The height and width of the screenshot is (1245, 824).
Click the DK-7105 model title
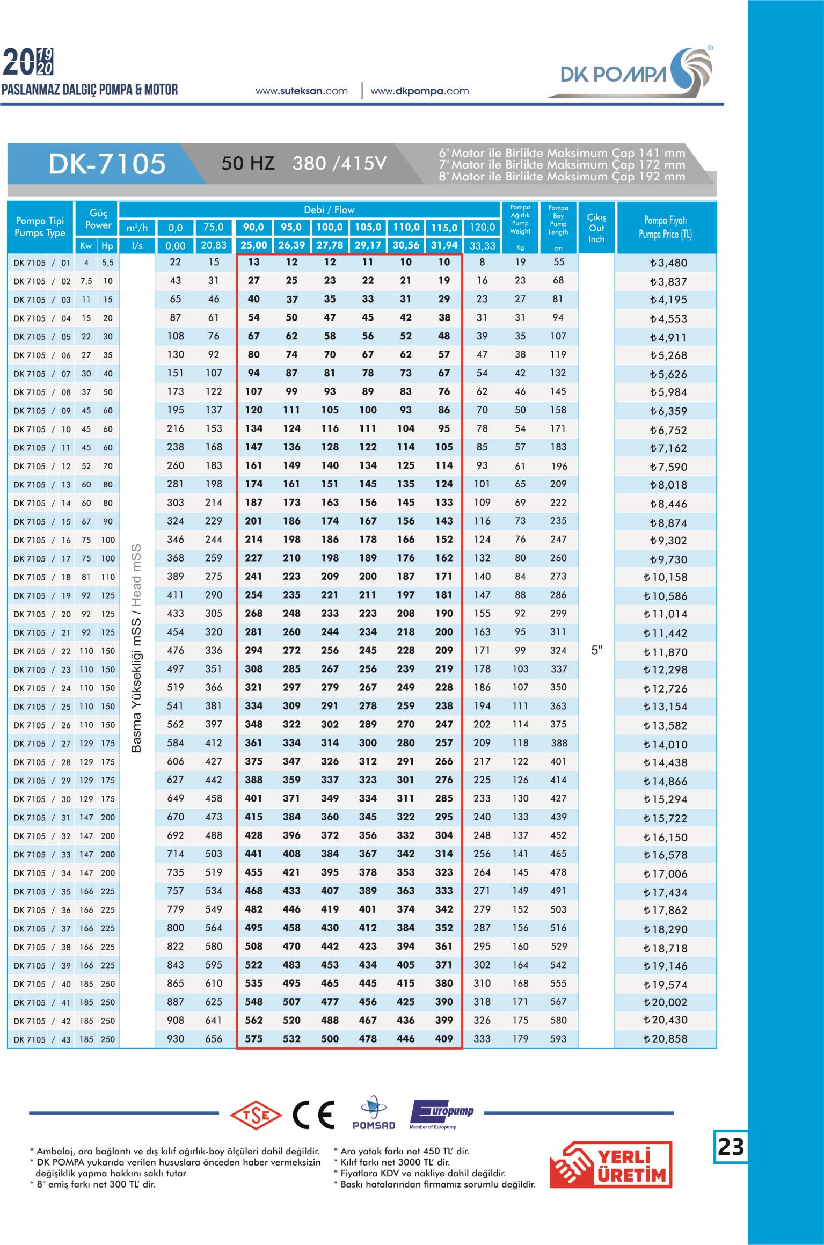pos(107,164)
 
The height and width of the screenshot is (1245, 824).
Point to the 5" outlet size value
pos(597,651)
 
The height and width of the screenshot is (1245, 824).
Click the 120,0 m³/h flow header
pos(482,228)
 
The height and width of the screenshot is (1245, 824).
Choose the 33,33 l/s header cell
pos(482,246)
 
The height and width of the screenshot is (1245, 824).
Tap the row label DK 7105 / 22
pos(42,651)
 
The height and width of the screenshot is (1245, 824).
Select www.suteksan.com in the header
pos(302,91)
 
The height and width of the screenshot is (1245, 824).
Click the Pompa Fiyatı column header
pos(665,227)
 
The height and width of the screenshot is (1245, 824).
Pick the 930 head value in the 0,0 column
pos(176,1039)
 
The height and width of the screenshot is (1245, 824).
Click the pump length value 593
pos(558,1039)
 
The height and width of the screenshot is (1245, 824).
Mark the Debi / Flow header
pos(329,210)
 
